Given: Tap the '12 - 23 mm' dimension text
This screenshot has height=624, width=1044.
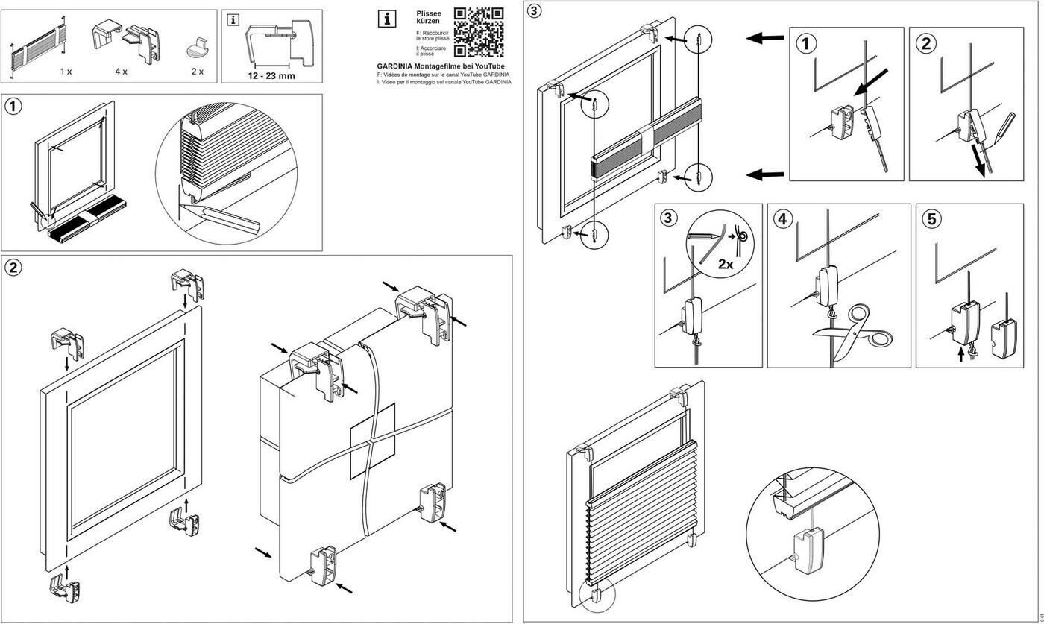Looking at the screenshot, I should click(271, 75).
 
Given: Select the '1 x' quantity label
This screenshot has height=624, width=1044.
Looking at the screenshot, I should click(66, 72).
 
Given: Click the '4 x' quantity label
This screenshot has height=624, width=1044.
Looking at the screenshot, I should click(121, 72).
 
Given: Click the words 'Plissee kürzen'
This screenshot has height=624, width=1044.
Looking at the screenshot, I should click(429, 18).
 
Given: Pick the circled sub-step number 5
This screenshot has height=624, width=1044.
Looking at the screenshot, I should click(931, 219).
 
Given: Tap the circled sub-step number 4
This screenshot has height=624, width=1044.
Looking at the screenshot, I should click(782, 219).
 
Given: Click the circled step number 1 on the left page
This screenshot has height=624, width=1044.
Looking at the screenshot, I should click(13, 107).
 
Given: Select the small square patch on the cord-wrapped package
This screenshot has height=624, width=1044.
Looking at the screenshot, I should click(372, 441).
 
